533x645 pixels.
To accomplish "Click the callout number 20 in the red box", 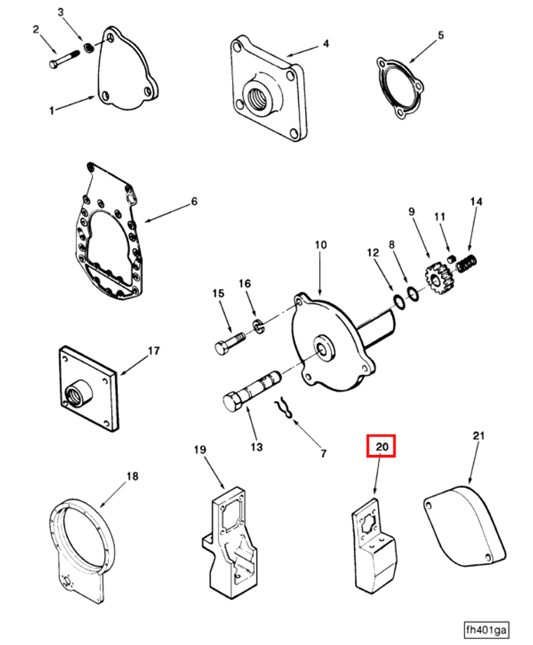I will [382, 446].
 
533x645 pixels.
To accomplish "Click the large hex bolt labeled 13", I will [248, 393].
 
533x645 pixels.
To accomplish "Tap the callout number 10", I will [321, 245].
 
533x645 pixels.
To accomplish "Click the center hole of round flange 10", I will [324, 347].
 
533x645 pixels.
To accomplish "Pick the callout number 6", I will [194, 202].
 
